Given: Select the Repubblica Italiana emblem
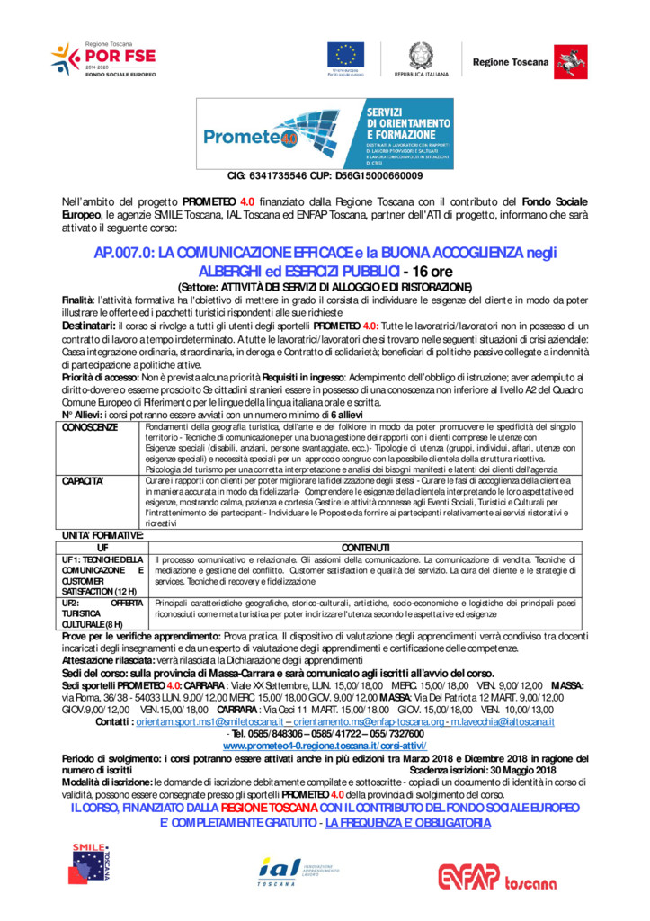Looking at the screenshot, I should pos(420,57).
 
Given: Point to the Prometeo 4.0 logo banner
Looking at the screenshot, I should pos(325,133).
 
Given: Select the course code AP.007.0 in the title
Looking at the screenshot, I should pos(123,255).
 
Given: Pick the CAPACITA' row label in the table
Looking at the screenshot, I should pos(83,481).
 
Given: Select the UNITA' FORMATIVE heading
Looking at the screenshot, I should pos(102,536).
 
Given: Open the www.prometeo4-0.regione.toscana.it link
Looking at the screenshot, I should pos(325,747).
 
